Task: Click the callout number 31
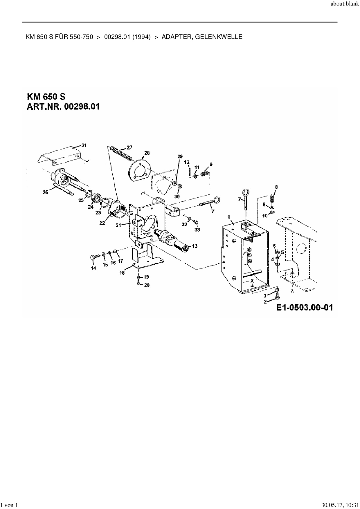point(84,145)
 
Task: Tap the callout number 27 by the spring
point(129,147)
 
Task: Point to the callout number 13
point(195,246)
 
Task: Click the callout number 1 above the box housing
point(229,217)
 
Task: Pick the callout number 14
point(93,268)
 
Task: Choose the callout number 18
point(122,273)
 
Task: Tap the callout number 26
point(46,192)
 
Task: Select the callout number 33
point(197,230)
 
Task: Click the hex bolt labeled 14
point(93,257)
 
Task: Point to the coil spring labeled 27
point(120,153)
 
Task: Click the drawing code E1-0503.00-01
point(305,308)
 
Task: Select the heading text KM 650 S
point(46,97)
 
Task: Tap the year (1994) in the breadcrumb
point(141,37)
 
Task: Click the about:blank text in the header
point(345,5)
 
